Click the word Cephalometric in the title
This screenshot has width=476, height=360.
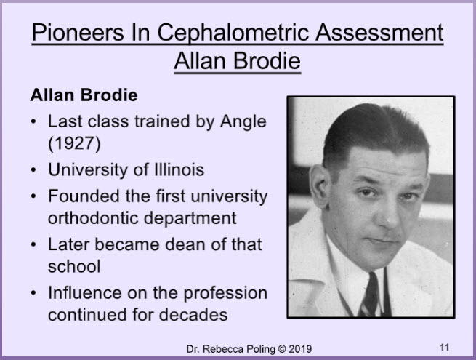tap(234, 33)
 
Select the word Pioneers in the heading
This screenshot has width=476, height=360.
tap(78, 32)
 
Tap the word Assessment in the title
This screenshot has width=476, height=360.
tap(379, 32)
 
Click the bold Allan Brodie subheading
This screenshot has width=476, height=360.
tap(84, 95)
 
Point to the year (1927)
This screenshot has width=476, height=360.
tap(74, 143)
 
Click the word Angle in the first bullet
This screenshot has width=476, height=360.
tap(243, 122)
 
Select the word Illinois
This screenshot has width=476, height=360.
tap(179, 169)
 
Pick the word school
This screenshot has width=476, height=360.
tap(74, 266)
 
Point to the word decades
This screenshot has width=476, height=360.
tap(193, 315)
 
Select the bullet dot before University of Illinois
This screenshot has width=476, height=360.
tap(33, 170)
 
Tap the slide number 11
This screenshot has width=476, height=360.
tap(445, 347)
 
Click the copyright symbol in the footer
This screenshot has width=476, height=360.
tap(282, 349)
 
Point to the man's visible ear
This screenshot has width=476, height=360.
tap(320, 185)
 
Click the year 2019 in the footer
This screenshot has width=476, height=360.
tap(300, 349)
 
